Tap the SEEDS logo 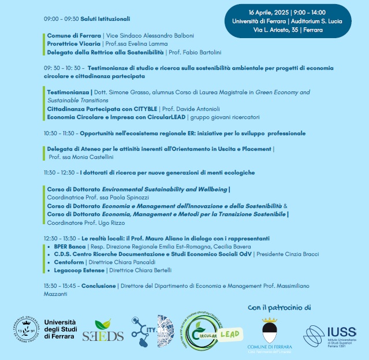tap(103, 333)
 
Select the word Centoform tap(69, 262)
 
